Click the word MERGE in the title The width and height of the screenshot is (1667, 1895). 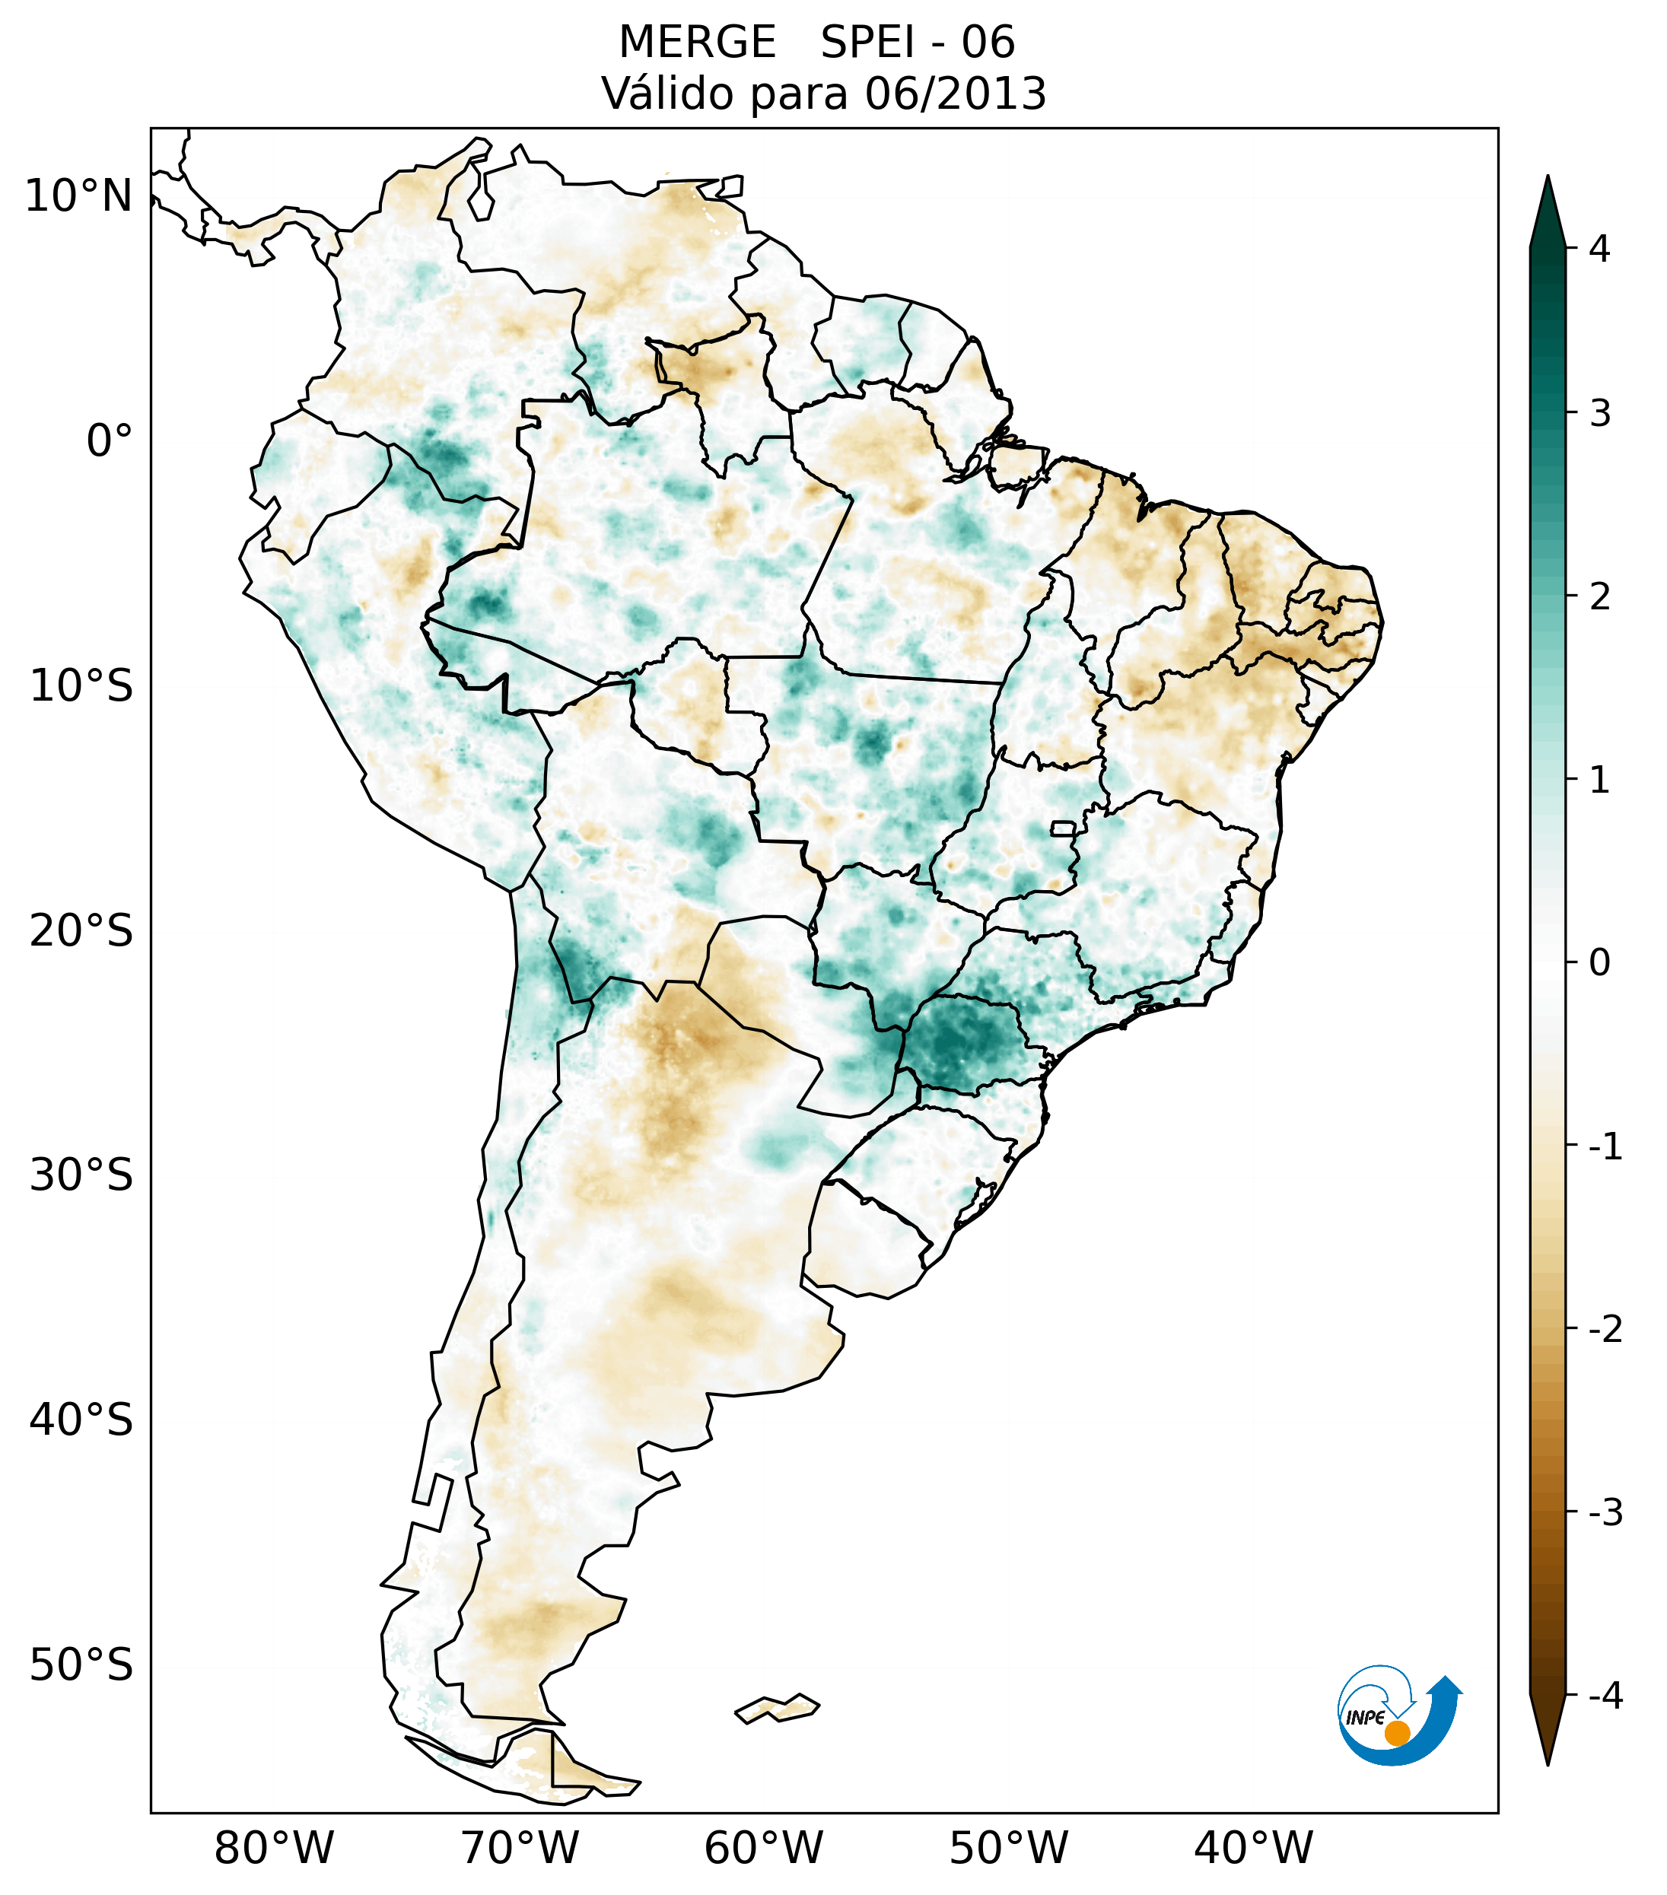tap(696, 43)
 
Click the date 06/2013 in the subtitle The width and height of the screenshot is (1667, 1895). tap(955, 94)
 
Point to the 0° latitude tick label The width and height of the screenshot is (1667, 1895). tap(109, 441)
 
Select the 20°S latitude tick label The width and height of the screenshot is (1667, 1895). tap(81, 931)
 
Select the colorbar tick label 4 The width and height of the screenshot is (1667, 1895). tap(1599, 249)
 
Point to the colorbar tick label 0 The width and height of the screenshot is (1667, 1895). tap(1599, 963)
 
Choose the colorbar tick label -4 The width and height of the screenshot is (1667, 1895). tap(1605, 1696)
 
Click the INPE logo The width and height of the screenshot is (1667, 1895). tap(1398, 1713)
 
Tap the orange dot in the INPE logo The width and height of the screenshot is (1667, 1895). tap(1396, 1733)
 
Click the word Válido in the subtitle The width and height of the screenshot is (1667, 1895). tap(666, 94)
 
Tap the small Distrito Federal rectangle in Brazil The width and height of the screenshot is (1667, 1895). tap(1062, 828)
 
